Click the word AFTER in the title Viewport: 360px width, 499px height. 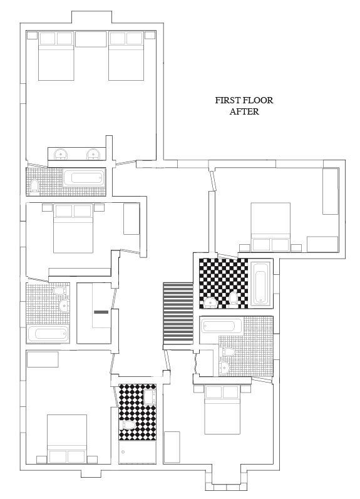(244, 111)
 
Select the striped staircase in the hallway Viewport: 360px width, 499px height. (178, 314)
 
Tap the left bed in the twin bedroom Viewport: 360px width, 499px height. (56, 56)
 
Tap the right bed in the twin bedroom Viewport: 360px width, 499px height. (126, 56)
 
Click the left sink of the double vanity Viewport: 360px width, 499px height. (61, 154)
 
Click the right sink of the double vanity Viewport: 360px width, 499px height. (93, 154)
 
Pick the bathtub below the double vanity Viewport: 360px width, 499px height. (84, 178)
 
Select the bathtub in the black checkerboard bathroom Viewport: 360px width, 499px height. (261, 284)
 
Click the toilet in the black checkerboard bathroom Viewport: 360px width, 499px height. (234, 299)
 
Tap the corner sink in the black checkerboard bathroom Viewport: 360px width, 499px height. (210, 302)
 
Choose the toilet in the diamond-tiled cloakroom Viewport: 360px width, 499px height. (128, 425)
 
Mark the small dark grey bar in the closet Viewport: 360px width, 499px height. (101, 312)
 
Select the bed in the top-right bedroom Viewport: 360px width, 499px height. (270, 227)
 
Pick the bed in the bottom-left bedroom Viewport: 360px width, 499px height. (67, 439)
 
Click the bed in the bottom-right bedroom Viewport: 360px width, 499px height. (222, 409)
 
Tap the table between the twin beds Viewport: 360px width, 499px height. (91, 39)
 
